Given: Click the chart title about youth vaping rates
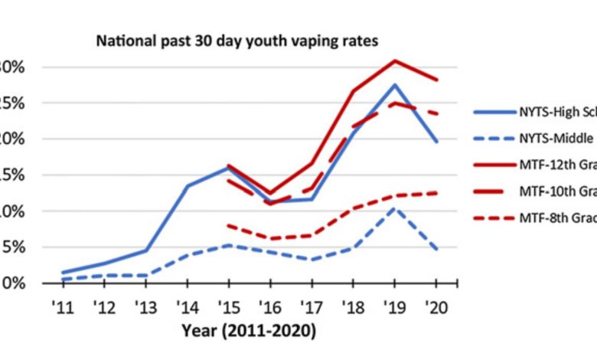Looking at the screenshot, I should pyautogui.click(x=237, y=41).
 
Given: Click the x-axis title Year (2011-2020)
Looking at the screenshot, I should pyautogui.click(x=249, y=331).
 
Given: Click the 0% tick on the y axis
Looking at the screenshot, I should pyautogui.click(x=14, y=283).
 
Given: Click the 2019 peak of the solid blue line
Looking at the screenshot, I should pyautogui.click(x=395, y=85).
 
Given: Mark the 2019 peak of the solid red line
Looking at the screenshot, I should pyautogui.click(x=395, y=61).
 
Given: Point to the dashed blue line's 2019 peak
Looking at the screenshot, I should pyautogui.click(x=395, y=208).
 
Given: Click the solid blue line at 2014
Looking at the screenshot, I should pyautogui.click(x=188, y=185).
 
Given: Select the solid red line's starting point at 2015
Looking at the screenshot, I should pyautogui.click(x=229, y=165).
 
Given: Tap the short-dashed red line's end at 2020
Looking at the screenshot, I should pyautogui.click(x=437, y=193).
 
